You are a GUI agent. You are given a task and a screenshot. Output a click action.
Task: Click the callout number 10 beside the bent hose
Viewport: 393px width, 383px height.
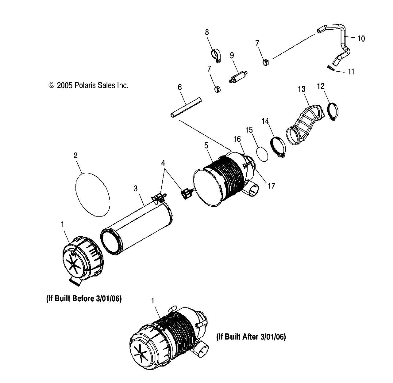(x=361, y=39)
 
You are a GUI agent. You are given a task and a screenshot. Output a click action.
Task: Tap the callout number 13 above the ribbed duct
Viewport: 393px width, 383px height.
(x=302, y=89)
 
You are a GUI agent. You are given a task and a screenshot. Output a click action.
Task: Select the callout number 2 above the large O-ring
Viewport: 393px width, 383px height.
(x=75, y=156)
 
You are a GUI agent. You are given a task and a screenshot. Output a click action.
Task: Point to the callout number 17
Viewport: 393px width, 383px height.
(x=271, y=186)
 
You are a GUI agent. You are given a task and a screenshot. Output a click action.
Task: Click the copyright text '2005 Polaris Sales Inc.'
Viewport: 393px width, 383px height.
(x=88, y=85)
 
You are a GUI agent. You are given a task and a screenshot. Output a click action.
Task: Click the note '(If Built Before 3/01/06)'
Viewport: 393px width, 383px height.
(x=84, y=299)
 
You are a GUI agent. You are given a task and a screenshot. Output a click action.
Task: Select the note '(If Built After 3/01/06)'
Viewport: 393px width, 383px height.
(x=251, y=337)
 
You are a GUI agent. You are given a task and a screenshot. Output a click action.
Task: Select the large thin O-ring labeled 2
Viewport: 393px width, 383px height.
(x=93, y=194)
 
